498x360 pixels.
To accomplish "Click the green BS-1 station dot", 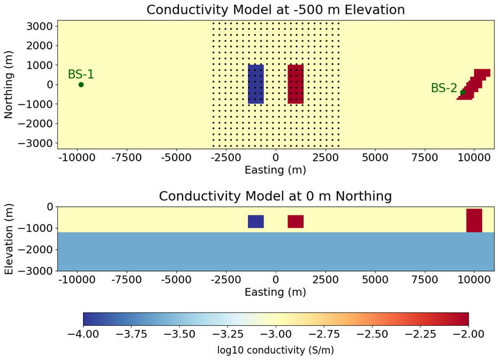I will (x=81, y=85).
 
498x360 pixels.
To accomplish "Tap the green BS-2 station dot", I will (x=463, y=93).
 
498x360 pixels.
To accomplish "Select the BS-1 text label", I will (x=81, y=75).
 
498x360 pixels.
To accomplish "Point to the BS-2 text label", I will (x=444, y=88).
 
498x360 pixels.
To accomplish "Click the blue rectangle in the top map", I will (x=256, y=84).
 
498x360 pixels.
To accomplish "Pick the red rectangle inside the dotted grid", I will (x=296, y=84).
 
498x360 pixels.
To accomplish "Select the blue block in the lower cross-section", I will (x=256, y=221).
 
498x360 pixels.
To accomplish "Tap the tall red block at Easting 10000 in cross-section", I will (x=474, y=220).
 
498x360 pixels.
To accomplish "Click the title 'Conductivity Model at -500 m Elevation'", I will (x=275, y=10).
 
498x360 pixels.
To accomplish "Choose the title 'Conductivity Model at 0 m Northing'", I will (x=275, y=196).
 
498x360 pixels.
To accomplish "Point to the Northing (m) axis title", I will (x=9, y=84).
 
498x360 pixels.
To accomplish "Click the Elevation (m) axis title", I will (x=9, y=238).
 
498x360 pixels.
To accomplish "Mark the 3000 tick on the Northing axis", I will (x=41, y=26).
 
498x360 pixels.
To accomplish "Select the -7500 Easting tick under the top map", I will (x=127, y=159).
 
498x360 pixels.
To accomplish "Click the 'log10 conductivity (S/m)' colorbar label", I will (x=275, y=350).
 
